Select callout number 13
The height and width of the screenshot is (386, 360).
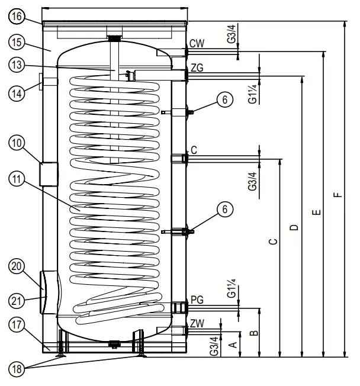click(x=18, y=66)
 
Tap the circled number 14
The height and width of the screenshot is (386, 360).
click(x=18, y=94)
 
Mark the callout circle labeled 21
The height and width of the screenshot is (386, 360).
click(x=18, y=300)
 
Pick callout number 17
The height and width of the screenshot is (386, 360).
click(x=18, y=325)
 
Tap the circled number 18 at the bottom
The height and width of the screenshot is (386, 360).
click(x=18, y=369)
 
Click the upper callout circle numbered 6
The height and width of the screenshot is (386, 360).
click(x=223, y=101)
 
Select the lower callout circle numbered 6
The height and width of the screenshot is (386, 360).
click(x=223, y=209)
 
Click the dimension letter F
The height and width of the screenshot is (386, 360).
click(x=337, y=195)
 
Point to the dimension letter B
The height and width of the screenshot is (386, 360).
click(x=252, y=334)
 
